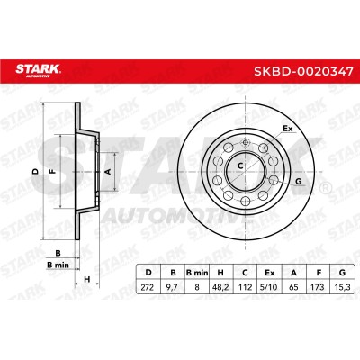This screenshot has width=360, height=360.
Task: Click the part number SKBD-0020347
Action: click(x=303, y=72)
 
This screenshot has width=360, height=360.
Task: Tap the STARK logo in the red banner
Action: click(x=38, y=70)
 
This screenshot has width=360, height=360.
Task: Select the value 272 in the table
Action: click(x=147, y=287)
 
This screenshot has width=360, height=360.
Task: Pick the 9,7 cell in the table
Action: click(x=173, y=287)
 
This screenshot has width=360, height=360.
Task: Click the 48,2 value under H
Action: click(x=220, y=287)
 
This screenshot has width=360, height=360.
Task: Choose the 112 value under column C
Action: click(x=246, y=287)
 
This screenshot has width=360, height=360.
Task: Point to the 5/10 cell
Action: click(x=270, y=287)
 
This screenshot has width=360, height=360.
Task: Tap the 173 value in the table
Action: click(x=318, y=287)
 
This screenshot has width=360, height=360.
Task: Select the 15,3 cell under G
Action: click(x=342, y=287)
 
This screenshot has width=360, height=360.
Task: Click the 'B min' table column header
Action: click(x=197, y=273)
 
